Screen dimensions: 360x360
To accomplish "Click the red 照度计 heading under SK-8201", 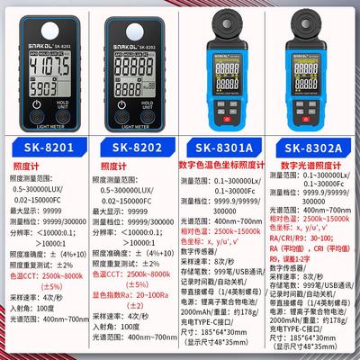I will [21, 167].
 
